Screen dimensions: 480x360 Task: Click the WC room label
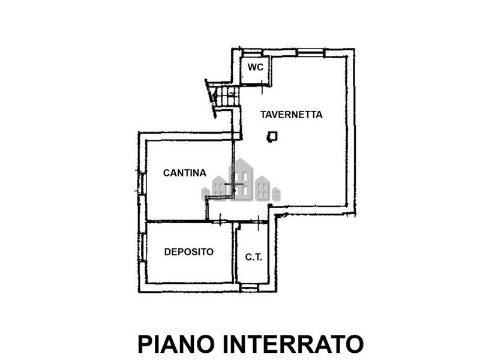[x=256, y=67]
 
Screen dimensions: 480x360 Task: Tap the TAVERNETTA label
[x=292, y=115]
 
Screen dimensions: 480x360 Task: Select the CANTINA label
[x=185, y=173]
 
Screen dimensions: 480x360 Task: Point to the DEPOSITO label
[x=189, y=251]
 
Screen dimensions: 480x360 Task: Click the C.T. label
[x=254, y=257]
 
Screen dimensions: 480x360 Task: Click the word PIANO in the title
[x=176, y=344]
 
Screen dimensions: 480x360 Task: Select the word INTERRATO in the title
[x=293, y=344]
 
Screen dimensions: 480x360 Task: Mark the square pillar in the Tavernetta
[x=272, y=137]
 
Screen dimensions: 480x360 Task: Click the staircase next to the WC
[x=223, y=97]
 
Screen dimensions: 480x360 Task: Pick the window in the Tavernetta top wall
[x=310, y=53]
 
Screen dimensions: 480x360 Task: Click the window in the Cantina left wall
[x=142, y=184]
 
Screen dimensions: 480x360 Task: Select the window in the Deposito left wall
[x=142, y=247]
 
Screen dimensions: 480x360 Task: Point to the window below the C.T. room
[x=249, y=287]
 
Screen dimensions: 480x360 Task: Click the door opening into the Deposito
[x=220, y=220]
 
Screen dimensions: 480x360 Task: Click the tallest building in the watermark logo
[x=241, y=179]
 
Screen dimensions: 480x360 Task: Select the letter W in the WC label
[x=251, y=67]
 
